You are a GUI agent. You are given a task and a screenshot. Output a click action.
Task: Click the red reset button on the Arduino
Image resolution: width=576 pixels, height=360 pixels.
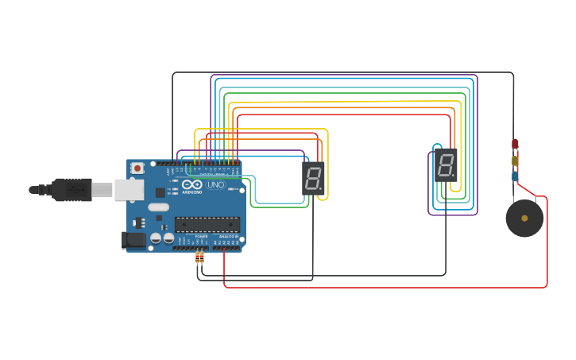[x=137, y=168]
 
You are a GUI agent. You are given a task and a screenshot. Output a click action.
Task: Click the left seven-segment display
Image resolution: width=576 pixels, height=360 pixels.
[x=313, y=178]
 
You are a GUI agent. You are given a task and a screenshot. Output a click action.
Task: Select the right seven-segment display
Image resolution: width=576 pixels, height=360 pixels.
[x=446, y=165]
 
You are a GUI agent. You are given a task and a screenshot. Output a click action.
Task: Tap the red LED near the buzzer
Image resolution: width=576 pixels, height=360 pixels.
[x=515, y=144]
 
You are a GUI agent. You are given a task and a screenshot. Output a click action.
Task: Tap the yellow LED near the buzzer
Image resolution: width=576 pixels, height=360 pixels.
[x=515, y=161]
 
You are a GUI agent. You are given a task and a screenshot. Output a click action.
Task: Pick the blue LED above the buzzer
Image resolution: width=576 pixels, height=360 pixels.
[x=515, y=176]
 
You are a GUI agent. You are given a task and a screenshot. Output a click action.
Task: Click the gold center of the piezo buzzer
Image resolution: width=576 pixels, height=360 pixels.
[x=524, y=218]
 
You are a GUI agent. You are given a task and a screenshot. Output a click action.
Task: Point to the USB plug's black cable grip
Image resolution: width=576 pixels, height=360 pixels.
[x=72, y=190]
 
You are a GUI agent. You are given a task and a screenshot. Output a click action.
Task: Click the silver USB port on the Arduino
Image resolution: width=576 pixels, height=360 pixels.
[x=128, y=190]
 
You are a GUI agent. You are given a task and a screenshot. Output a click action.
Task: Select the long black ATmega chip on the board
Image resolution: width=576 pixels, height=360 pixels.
[x=207, y=225]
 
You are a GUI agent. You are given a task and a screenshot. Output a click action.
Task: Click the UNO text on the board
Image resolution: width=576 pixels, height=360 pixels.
[x=215, y=184]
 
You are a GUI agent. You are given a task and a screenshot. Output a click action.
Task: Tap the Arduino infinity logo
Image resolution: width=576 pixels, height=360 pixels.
[x=191, y=184]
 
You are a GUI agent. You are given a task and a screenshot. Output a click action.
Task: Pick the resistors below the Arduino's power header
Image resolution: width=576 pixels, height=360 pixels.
[x=199, y=257]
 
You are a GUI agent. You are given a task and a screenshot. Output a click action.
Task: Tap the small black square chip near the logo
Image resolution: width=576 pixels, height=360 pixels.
[x=160, y=192]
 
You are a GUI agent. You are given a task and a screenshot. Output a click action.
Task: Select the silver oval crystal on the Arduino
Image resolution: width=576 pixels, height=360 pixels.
[x=158, y=207]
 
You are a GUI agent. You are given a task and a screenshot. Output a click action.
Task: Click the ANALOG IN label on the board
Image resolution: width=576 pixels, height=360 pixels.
[x=227, y=236]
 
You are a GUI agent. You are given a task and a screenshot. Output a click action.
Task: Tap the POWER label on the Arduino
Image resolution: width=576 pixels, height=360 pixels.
[x=201, y=236]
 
